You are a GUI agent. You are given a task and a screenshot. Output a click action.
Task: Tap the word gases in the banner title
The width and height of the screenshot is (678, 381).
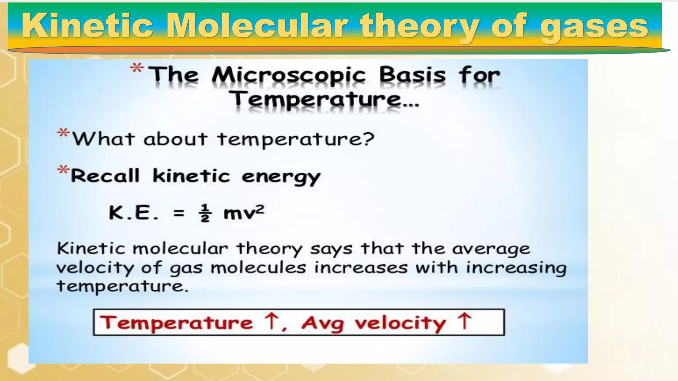[594, 26]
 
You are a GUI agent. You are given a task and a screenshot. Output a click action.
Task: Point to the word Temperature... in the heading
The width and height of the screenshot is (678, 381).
[324, 99]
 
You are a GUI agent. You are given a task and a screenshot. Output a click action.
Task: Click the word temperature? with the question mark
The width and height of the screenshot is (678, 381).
[296, 139]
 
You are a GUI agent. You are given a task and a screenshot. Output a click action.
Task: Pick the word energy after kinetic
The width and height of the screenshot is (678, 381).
[281, 176]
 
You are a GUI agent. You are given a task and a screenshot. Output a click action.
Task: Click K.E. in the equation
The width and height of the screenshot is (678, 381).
[134, 213]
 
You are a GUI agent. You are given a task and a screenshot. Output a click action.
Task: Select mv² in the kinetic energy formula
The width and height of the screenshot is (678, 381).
[244, 212]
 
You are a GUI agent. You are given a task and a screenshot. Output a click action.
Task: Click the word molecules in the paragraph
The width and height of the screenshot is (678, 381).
[258, 268]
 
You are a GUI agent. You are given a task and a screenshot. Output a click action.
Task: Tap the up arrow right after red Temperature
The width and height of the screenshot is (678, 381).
[271, 320]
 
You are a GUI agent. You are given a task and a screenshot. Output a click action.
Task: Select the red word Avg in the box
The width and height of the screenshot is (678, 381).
[322, 323]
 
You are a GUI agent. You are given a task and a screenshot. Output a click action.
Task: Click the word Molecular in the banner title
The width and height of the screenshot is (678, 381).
[257, 26]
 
